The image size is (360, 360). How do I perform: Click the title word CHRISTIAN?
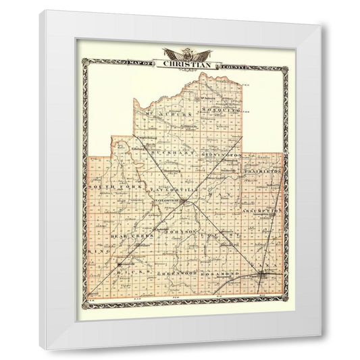pos(187,64)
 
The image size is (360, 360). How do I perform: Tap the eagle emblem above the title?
pos(186,54)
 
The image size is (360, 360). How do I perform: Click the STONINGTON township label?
pos(220,155)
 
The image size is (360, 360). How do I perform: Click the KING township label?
pos(100,251)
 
